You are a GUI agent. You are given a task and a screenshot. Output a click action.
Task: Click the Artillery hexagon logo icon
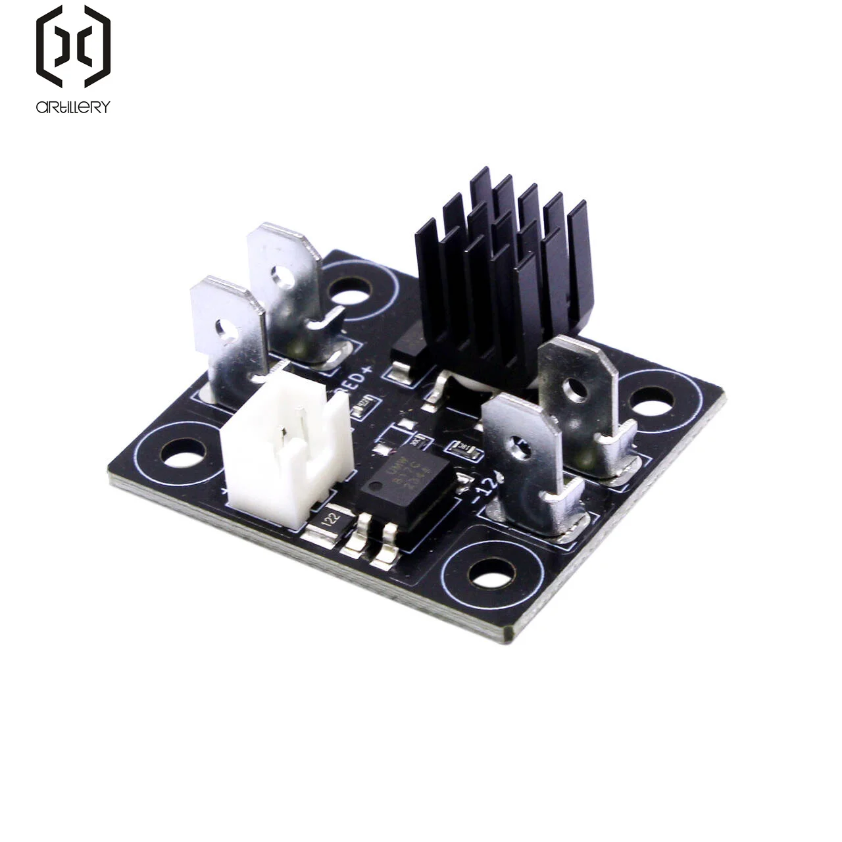tap(73, 46)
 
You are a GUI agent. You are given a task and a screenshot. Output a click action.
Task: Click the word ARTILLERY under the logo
tap(73, 107)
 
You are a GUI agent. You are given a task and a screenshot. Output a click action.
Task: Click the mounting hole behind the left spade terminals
tap(349, 290)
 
